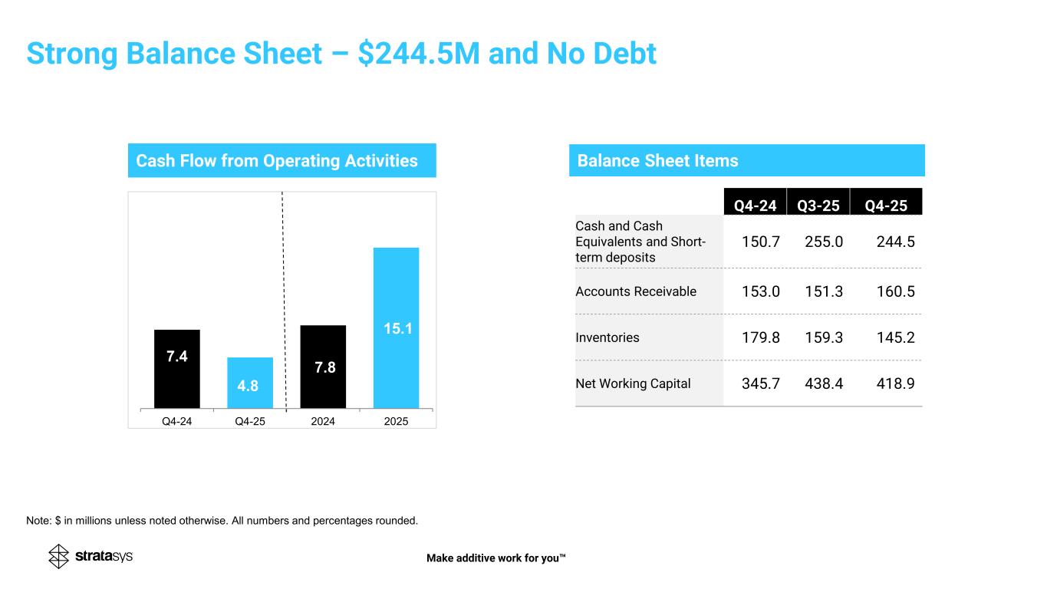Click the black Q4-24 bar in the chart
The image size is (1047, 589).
(176, 369)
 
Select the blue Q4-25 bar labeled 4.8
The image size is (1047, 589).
(250, 383)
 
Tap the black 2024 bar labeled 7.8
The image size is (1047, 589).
(323, 367)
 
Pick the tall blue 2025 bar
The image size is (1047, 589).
(396, 328)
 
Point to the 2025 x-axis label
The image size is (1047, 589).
(396, 421)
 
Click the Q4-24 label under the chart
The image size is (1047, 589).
(176, 421)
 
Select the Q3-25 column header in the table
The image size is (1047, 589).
(818, 206)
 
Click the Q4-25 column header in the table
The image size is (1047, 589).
(886, 206)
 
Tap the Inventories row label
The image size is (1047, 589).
(607, 337)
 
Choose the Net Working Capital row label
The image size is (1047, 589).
(633, 383)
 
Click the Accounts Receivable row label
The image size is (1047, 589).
(636, 291)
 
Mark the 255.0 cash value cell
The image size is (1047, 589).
(824, 242)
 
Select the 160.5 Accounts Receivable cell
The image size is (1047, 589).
(896, 291)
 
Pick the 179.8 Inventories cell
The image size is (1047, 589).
(760, 337)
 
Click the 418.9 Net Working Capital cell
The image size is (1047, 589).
(896, 383)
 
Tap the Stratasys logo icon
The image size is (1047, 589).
(58, 556)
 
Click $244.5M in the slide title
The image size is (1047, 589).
(419, 54)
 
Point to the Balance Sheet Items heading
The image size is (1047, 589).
(657, 161)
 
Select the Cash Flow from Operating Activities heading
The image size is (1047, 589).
(277, 161)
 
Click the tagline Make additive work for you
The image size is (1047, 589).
(496, 558)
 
